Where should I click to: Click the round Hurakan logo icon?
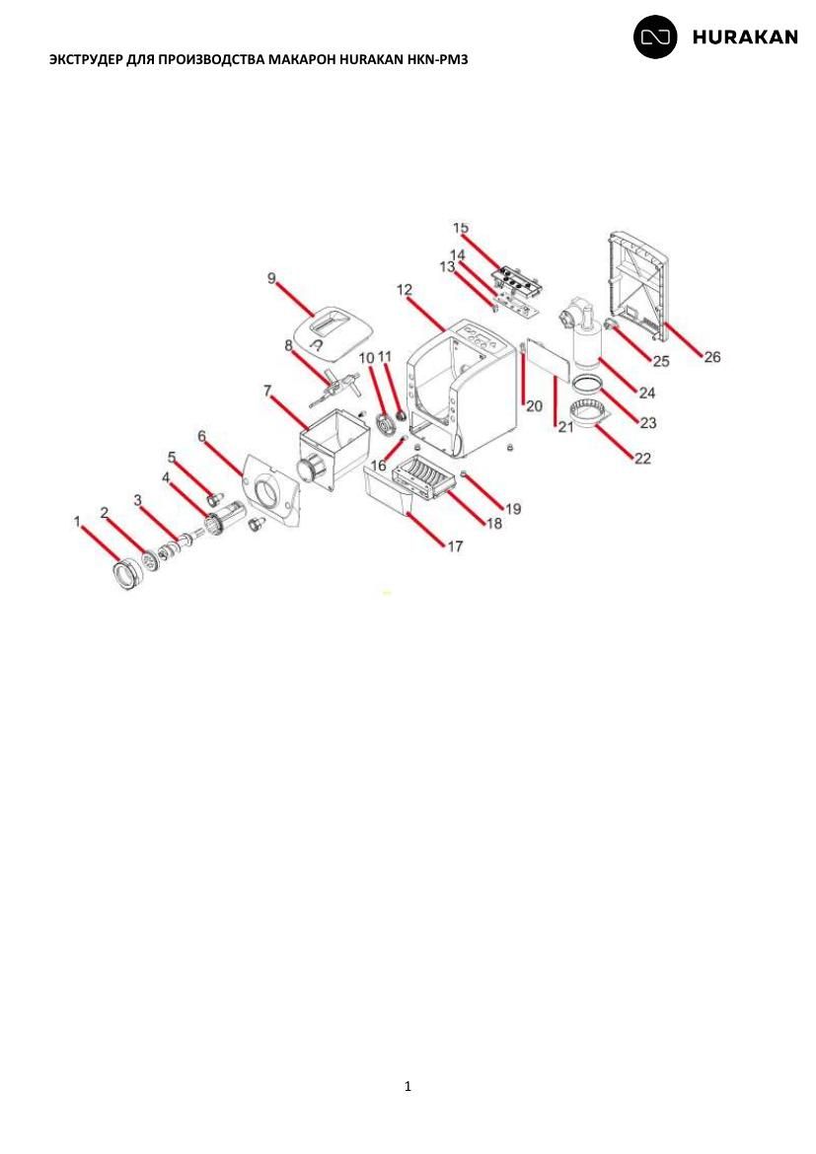tap(655, 36)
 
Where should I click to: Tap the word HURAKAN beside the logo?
tap(745, 37)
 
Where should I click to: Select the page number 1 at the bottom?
tap(408, 1086)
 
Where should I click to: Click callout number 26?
tap(712, 357)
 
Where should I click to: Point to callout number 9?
tap(271, 278)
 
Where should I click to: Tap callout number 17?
tap(455, 546)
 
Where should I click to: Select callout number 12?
tap(405, 290)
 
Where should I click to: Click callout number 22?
tap(643, 459)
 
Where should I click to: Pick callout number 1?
tap(77, 521)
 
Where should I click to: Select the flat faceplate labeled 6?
tap(270, 490)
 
